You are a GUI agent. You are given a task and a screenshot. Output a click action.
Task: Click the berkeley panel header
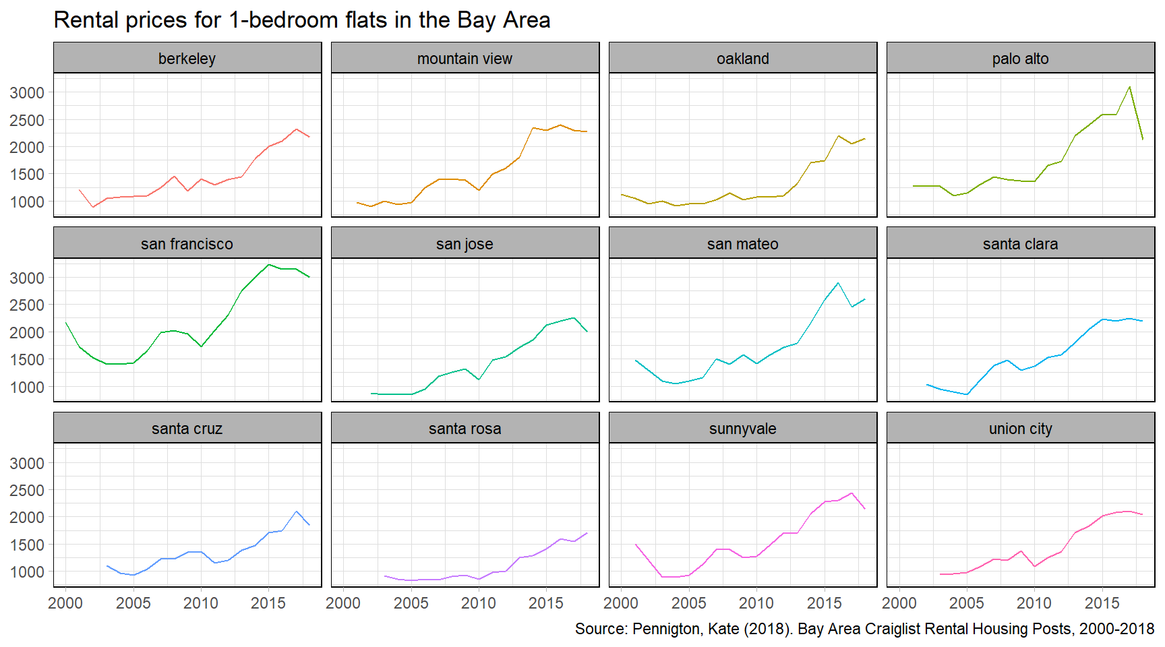click(187, 59)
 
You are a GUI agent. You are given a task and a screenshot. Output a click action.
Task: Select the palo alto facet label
click(1020, 59)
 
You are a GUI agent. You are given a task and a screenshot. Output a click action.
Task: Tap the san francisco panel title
click(187, 244)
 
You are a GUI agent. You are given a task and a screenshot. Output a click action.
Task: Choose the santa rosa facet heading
click(465, 429)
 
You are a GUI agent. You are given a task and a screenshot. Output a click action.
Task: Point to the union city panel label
click(1020, 429)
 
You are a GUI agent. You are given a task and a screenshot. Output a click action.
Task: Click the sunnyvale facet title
click(742, 429)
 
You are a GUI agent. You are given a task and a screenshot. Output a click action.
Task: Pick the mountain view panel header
click(465, 59)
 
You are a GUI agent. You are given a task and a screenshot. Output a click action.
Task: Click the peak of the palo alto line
click(1129, 86)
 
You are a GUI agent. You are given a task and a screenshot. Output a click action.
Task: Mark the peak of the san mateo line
click(838, 283)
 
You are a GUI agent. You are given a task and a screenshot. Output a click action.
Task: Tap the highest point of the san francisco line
click(269, 264)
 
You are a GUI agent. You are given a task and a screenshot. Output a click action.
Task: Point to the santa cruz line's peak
click(296, 512)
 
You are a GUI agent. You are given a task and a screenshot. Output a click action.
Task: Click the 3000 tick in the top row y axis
click(27, 93)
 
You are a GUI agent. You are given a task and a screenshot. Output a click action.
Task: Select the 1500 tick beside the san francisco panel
click(27, 360)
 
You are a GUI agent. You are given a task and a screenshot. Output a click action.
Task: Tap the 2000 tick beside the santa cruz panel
click(27, 518)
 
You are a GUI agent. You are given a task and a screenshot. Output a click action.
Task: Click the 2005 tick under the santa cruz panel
click(133, 603)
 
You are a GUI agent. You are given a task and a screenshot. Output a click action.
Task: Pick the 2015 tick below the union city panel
click(1102, 603)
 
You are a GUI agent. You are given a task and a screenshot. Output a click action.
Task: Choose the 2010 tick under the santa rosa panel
click(479, 603)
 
